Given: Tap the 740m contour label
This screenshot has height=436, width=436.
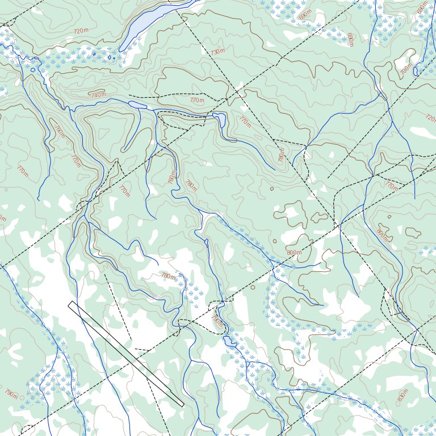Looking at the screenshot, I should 98,95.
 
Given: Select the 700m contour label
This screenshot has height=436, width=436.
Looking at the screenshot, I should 406,69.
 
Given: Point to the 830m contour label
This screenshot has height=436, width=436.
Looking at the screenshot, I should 403,395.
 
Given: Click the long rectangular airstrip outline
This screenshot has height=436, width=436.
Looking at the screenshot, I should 125,354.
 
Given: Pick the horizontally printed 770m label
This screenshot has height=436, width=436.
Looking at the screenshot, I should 197,100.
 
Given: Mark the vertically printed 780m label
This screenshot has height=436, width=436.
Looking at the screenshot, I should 280,156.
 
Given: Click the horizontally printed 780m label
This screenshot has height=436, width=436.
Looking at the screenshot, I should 168,276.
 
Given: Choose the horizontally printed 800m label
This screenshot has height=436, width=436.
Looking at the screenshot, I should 294,253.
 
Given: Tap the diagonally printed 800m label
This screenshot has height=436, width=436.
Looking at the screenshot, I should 381,234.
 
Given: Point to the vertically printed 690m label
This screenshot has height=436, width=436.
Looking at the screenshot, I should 350,40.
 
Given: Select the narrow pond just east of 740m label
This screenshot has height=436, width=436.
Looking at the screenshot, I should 137,104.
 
